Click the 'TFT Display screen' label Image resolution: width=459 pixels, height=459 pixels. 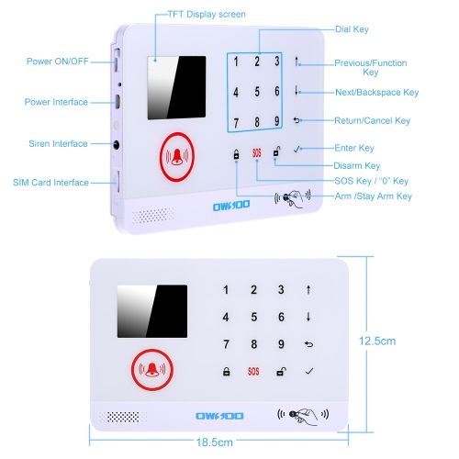click(207, 15)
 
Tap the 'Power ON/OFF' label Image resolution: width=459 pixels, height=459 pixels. click(58, 62)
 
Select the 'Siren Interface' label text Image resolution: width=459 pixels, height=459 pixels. click(58, 143)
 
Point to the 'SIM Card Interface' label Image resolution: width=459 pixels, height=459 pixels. click(50, 183)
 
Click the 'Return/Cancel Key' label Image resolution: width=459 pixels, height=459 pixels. click(372, 120)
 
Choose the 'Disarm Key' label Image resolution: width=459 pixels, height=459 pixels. click(357, 166)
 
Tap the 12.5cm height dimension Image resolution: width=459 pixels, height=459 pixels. click(377, 341)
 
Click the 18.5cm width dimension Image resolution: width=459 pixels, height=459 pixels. click(215, 442)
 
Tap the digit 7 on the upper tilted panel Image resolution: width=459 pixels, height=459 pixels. click(236, 123)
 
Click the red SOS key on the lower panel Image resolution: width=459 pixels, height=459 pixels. click(253, 372)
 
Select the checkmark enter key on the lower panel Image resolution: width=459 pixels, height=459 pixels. click(309, 371)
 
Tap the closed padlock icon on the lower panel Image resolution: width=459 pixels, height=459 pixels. click(226, 372)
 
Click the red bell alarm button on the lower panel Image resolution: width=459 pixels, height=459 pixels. click(152, 370)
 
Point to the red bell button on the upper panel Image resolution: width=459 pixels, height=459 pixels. click(177, 157)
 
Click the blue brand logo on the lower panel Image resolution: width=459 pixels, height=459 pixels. click(219, 416)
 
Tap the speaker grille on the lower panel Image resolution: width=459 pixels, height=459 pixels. click(123, 417)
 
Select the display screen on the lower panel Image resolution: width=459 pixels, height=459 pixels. click(152, 311)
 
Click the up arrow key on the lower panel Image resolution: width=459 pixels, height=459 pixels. click(308, 290)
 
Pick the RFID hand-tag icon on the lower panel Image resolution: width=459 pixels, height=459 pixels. click(303, 415)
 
